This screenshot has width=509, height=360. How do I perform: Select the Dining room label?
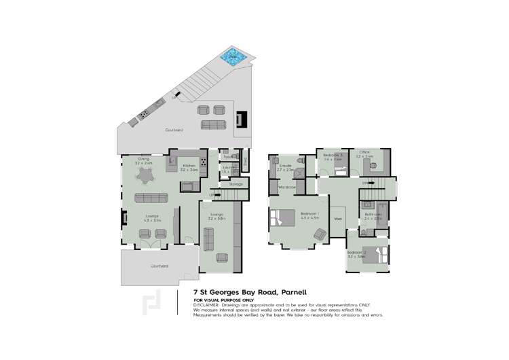(143, 160)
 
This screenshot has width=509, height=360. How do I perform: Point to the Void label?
(337, 218)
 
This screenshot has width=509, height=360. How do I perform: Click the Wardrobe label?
(287, 186)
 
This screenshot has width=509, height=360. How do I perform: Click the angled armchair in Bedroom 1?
(318, 234)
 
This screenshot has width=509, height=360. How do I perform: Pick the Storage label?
(235, 183)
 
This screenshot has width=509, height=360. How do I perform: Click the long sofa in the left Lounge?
(151, 198)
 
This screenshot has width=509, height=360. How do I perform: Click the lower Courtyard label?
(159, 266)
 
